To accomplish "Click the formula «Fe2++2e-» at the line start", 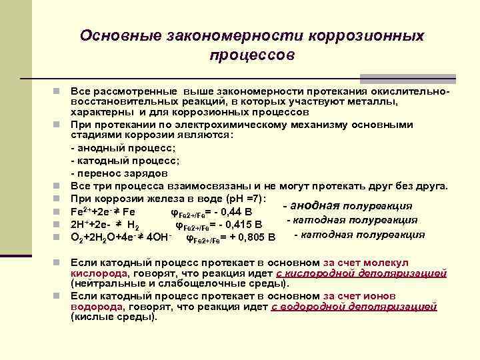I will point(93,211).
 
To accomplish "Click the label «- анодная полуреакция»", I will point(347,205).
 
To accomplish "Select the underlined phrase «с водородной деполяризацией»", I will point(354,307).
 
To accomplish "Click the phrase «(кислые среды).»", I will point(114,317).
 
